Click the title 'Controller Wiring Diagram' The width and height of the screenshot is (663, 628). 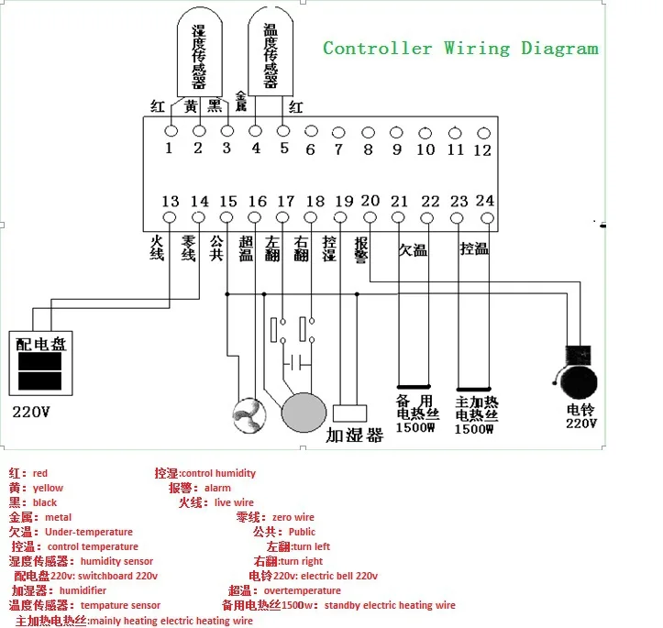pyautogui.click(x=460, y=49)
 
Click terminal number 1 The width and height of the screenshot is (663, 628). pyautogui.click(x=169, y=149)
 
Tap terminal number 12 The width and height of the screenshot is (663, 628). pyautogui.click(x=482, y=149)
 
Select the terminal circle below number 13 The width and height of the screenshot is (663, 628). pyautogui.click(x=170, y=217)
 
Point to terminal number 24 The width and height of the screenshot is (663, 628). pyautogui.click(x=485, y=202)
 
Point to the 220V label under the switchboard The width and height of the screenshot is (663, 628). pyautogui.click(x=31, y=412)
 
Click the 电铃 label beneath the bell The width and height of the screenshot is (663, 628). pyautogui.click(x=581, y=410)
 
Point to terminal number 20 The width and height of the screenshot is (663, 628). pyautogui.click(x=370, y=202)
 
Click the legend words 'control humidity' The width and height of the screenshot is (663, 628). pyautogui.click(x=219, y=473)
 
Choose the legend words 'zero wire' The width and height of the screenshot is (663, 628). pyautogui.click(x=293, y=517)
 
